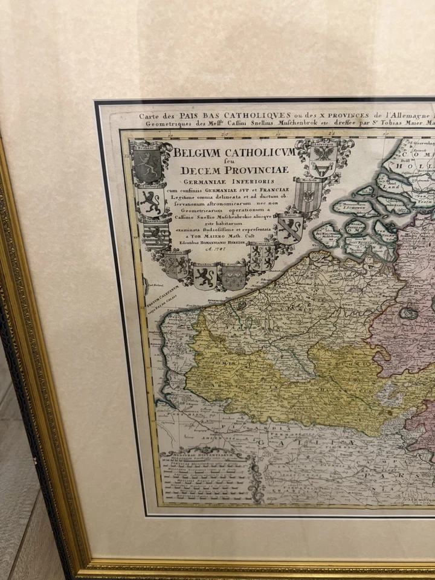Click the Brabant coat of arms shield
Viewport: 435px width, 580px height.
pyautogui.click(x=147, y=163)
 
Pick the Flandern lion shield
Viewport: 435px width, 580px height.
pyautogui.click(x=205, y=276)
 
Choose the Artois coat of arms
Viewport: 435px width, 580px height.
pyautogui.click(x=233, y=276)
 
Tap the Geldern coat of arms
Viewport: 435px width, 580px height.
pyautogui.click(x=263, y=256)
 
